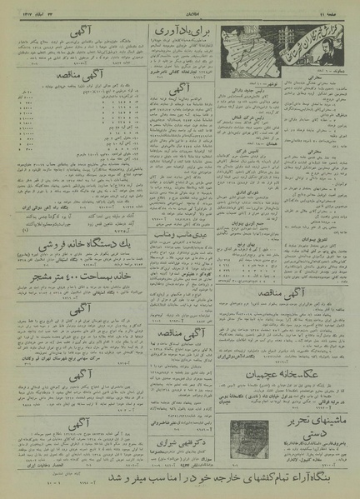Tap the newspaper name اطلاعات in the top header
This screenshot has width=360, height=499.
click(x=180, y=13)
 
